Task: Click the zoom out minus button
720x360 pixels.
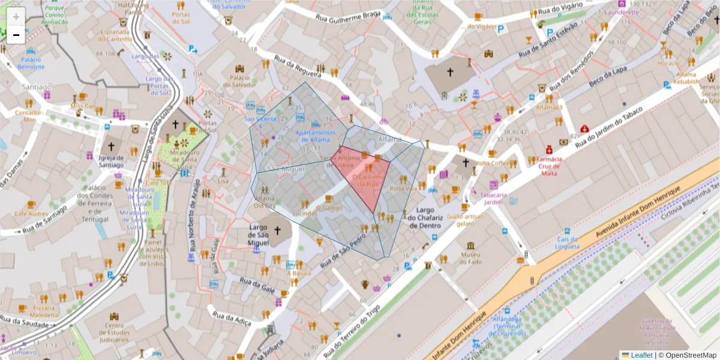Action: [16, 35]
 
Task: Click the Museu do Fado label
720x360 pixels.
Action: [470, 257]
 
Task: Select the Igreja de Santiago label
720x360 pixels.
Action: [111, 161]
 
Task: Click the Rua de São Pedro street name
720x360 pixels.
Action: [343, 250]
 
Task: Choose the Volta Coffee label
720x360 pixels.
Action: [491, 163]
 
